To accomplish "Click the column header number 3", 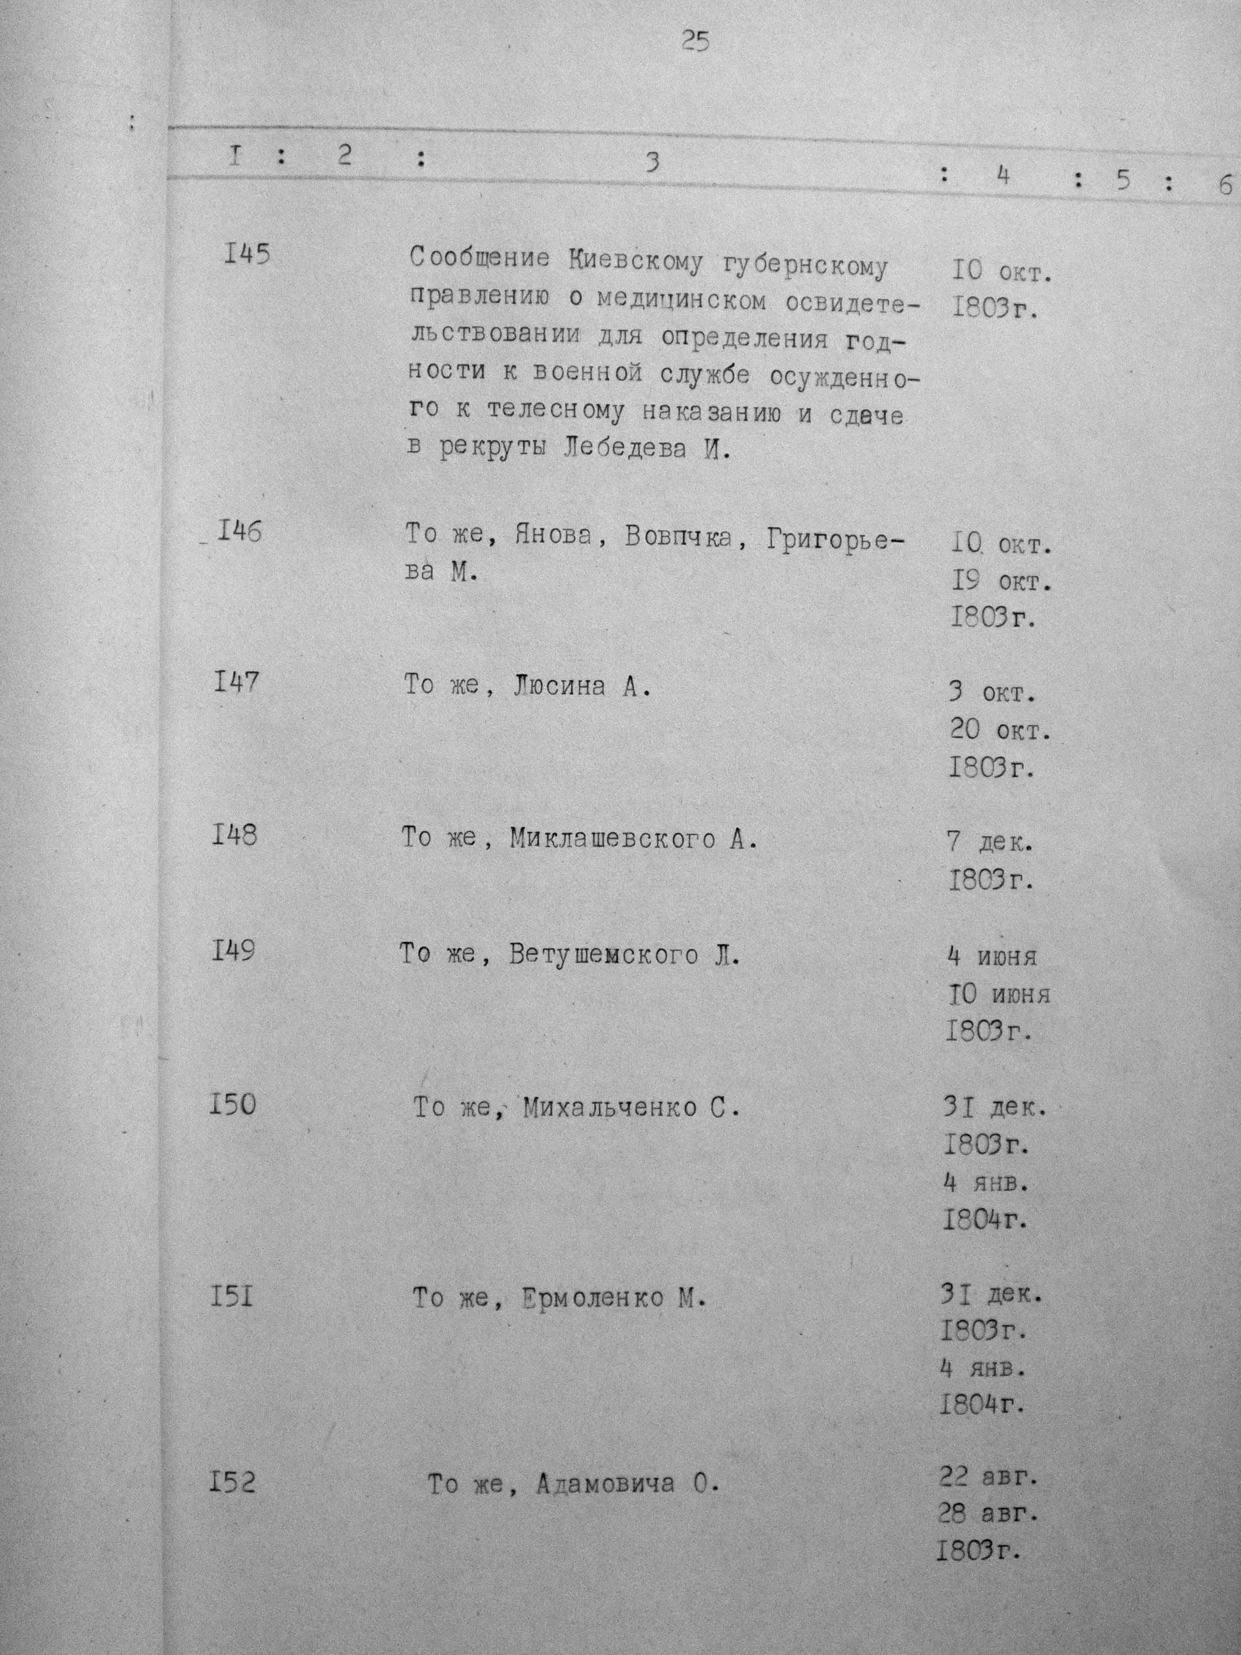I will (652, 162).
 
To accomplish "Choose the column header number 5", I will (1122, 182).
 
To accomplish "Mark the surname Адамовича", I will (605, 1485).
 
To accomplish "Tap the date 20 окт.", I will (1000, 730).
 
